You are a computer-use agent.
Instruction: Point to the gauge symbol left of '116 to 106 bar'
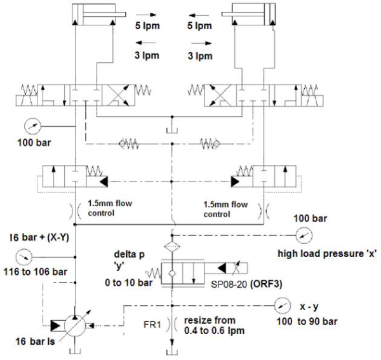23,257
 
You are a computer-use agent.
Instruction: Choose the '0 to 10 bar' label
131,284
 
